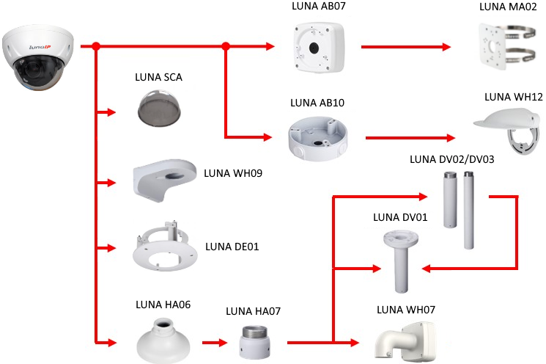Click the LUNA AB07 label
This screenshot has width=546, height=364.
[x=318, y=7]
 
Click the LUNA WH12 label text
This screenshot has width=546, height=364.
[x=513, y=97]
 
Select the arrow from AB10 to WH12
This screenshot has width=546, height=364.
[x=407, y=136]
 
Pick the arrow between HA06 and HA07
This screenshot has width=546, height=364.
[x=214, y=342]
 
